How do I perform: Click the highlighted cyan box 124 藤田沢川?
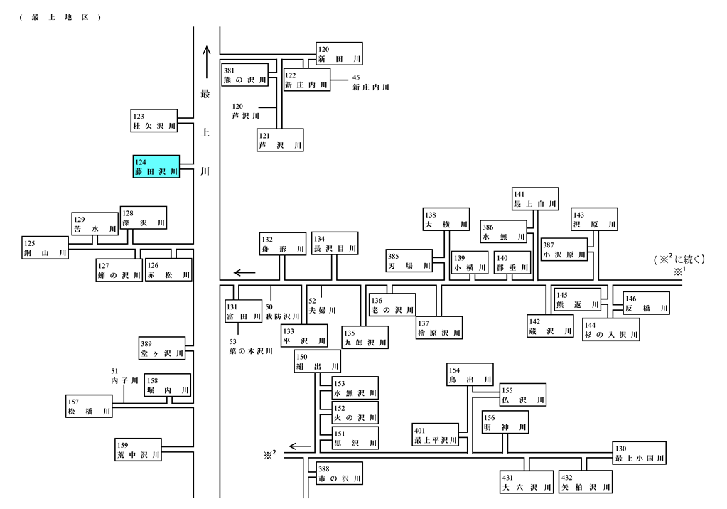156,166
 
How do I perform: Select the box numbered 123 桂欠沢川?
154,121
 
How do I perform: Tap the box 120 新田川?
339,54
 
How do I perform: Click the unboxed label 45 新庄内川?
370,82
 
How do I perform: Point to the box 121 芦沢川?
281,140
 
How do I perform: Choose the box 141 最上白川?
535,199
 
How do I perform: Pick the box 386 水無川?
504,232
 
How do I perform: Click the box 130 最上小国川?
640,454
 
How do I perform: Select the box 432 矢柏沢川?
586,482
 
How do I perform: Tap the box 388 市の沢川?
340,473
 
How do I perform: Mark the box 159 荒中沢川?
138,449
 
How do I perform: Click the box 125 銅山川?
45,248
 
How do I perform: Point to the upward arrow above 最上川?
207,62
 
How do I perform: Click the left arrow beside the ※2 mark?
299,447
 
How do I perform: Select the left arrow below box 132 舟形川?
244,273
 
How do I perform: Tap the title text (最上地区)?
60,18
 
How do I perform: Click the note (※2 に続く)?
679,259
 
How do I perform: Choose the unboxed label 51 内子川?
124,376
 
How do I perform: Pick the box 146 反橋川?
647,303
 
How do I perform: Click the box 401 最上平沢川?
436,435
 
